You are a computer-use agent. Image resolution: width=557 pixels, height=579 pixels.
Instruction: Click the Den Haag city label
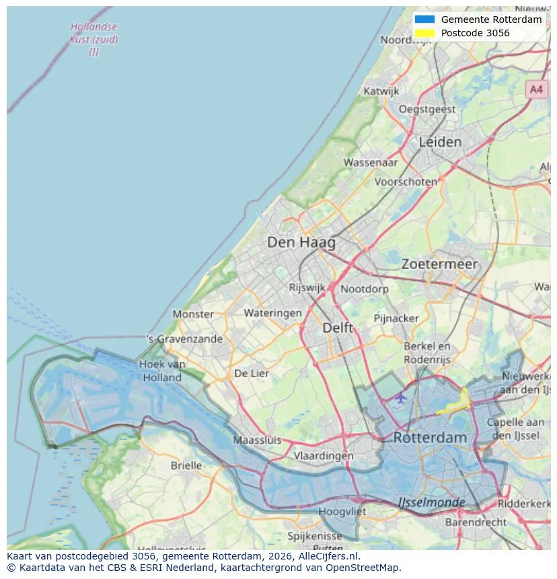coord(301,242)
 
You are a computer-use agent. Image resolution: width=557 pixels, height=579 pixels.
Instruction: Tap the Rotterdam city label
coord(429,438)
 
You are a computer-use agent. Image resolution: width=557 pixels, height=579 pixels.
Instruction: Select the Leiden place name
coord(440,142)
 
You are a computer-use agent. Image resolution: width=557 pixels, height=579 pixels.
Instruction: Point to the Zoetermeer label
coord(439,264)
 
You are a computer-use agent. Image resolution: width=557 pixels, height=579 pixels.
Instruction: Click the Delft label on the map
coord(337,327)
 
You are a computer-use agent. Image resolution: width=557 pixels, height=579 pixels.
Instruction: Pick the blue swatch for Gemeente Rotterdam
coord(425,20)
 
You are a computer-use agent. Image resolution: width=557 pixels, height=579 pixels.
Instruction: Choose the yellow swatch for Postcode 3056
coord(425,33)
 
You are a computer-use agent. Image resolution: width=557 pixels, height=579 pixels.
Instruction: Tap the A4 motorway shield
coord(535,89)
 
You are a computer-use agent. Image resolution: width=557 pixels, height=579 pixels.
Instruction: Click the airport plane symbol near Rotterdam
coord(401,397)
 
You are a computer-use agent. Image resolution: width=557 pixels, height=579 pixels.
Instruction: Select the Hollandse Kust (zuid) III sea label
coord(94,40)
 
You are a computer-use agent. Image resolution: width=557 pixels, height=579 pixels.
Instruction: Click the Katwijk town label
coord(381,91)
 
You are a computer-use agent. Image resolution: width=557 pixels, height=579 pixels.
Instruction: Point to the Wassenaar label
coord(371,162)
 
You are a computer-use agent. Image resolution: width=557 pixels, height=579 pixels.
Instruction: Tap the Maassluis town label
coord(257,440)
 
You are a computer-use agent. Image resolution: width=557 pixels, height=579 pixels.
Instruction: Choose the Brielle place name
coord(186,465)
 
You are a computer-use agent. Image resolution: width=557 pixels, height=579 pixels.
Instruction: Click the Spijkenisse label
coord(315,536)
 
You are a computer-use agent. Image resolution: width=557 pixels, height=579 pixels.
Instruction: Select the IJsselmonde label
coord(431,502)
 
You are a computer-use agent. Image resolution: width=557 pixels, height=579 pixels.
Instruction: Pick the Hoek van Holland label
coord(162,371)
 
